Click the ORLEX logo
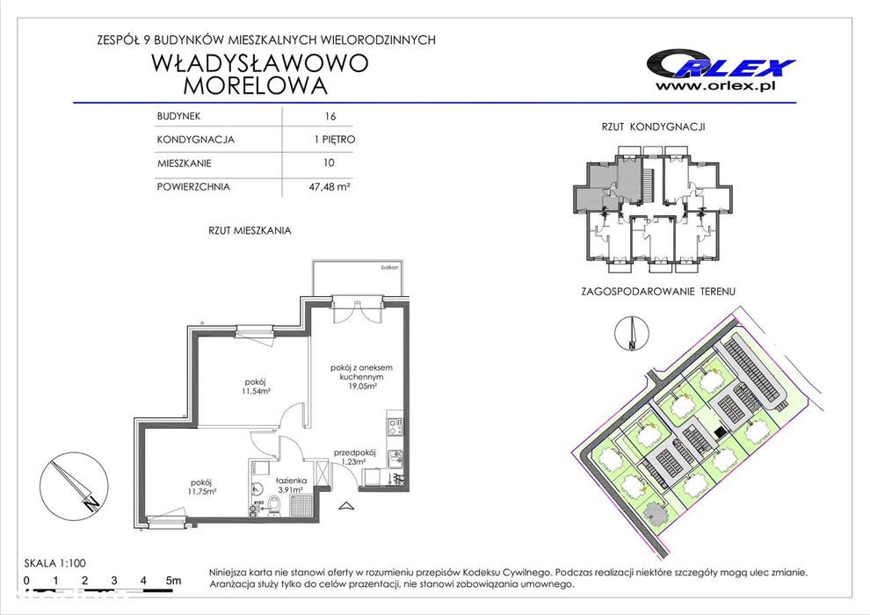click(x=720, y=64)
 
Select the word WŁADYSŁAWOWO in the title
click(x=260, y=64)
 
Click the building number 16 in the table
click(x=330, y=116)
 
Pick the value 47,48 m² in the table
click(x=330, y=186)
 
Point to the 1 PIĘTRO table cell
click(x=330, y=139)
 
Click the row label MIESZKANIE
click(x=185, y=163)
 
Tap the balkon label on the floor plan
click(x=390, y=267)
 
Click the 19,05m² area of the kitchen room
click(x=359, y=386)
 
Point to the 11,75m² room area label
click(x=202, y=491)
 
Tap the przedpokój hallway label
click(x=355, y=452)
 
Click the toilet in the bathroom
click(x=273, y=506)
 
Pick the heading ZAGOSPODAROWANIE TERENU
click(x=658, y=290)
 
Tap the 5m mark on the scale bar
click(x=173, y=581)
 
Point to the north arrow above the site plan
click(x=631, y=334)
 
